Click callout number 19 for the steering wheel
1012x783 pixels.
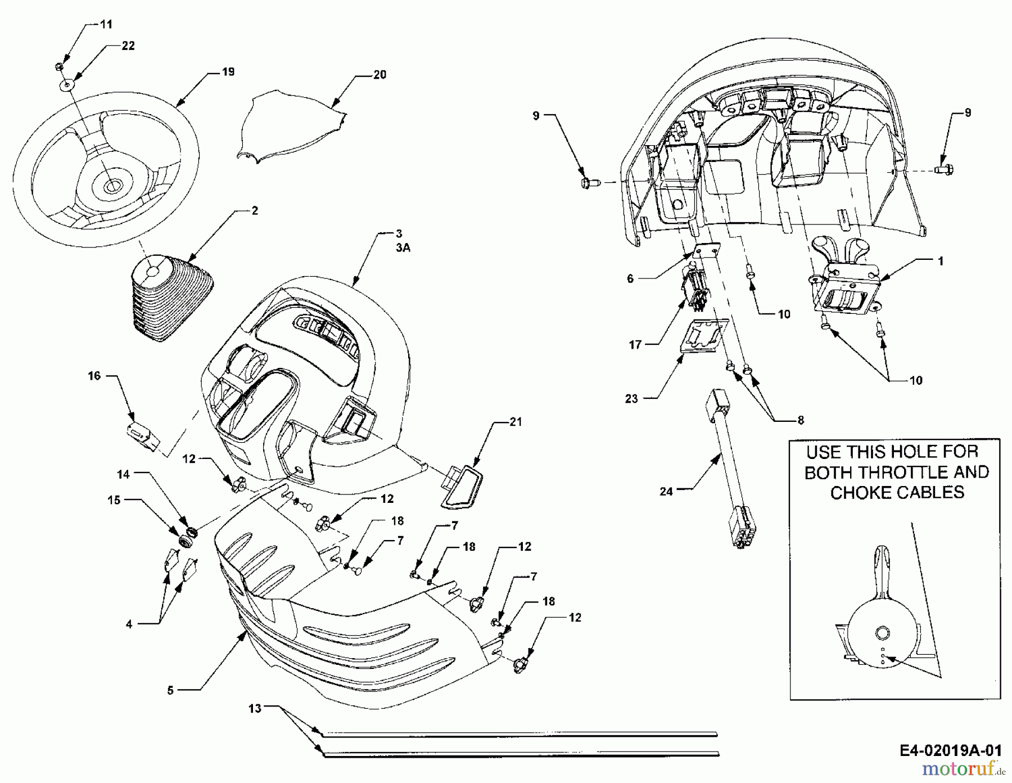point(228,72)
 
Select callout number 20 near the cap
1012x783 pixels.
point(380,75)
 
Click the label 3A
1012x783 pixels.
point(403,247)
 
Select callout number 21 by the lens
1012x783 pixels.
point(516,422)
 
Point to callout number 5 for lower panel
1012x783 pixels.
point(171,690)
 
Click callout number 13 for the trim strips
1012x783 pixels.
point(255,709)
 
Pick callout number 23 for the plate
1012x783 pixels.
point(631,398)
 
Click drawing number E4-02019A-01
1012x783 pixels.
point(950,751)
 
